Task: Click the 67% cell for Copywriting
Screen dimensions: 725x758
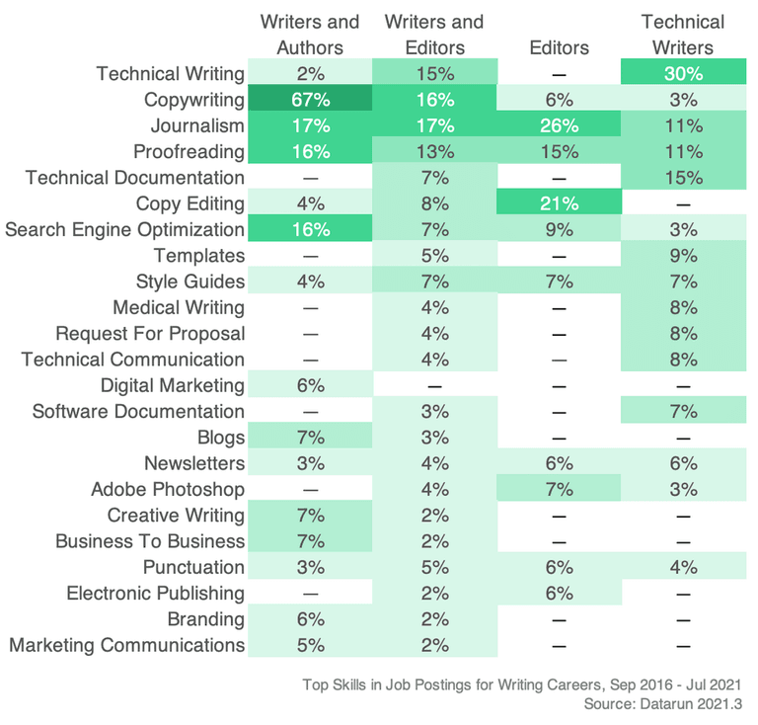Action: (310, 100)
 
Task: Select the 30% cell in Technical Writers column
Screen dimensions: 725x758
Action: (683, 74)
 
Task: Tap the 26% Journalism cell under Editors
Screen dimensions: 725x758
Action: (559, 125)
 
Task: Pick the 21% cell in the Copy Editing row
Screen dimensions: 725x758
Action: (559, 203)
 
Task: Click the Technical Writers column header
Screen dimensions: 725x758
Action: (683, 35)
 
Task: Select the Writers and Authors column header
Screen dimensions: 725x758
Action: (310, 35)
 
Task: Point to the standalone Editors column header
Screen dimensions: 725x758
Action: (559, 47)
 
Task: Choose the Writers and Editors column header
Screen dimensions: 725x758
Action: (434, 35)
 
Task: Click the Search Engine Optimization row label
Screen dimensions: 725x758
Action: (125, 230)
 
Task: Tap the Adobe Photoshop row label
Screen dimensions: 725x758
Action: (168, 490)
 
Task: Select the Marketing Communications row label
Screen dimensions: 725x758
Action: (127, 645)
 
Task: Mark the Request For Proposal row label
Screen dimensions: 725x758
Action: (150, 334)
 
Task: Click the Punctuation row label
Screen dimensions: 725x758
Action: (193, 567)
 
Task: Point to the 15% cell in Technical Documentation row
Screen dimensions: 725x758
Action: (683, 178)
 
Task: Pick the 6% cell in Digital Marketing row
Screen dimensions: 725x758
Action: (310, 385)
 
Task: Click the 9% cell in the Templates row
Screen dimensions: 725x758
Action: (683, 256)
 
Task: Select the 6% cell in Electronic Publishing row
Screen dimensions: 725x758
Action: (559, 594)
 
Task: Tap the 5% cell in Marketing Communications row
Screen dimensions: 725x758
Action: (310, 645)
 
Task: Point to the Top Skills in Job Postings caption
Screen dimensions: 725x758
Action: (521, 684)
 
